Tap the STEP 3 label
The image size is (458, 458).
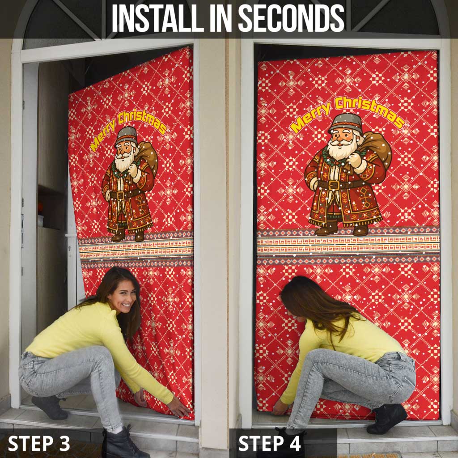(39, 443)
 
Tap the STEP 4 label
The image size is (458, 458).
(270, 443)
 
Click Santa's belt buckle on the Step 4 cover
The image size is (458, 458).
(334, 185)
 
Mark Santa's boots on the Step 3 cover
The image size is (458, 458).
(128, 236)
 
